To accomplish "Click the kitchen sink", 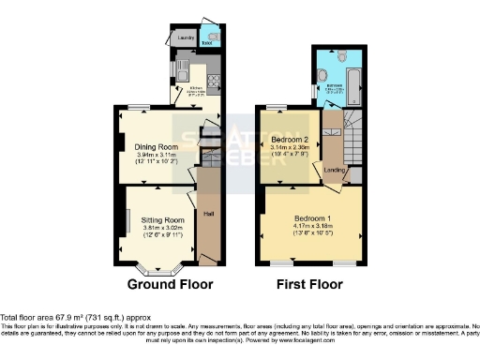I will (x=184, y=75).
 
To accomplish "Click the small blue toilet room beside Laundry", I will (x=206, y=38).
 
